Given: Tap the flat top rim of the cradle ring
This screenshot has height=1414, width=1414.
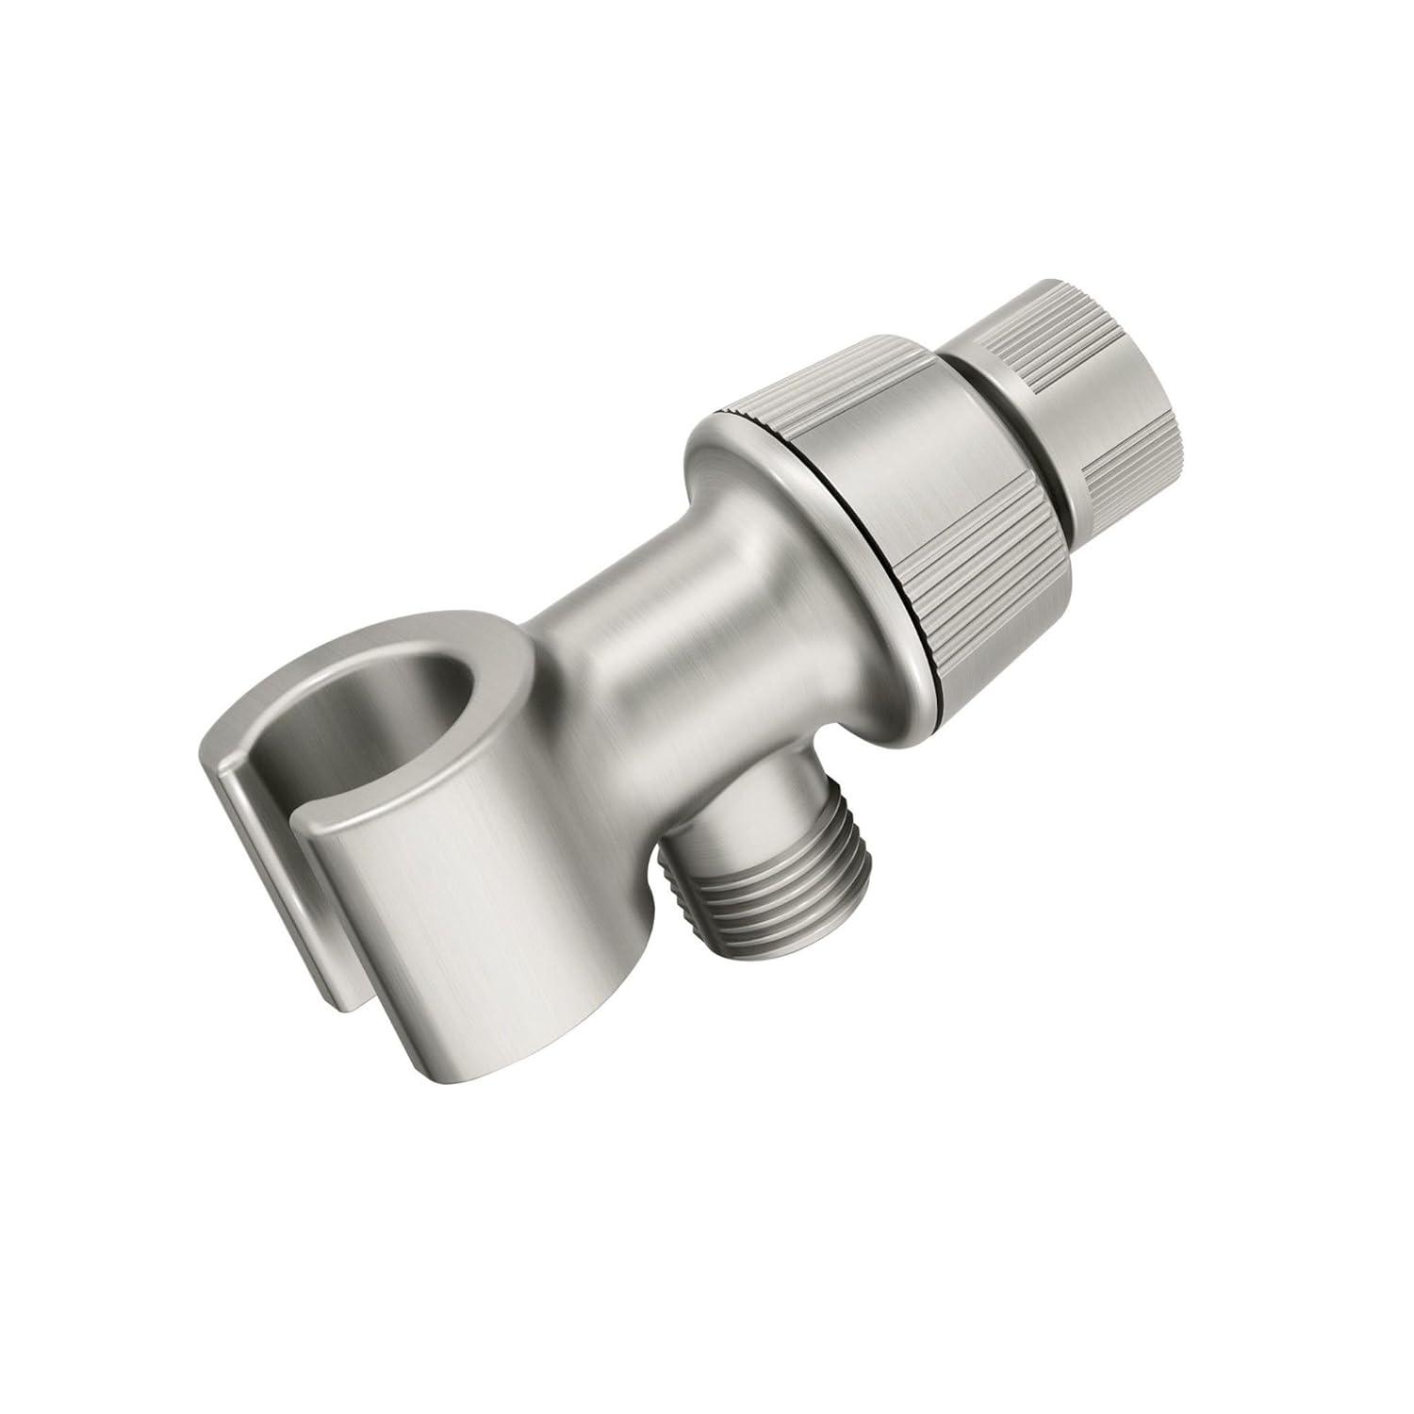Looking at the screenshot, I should point(471,650).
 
